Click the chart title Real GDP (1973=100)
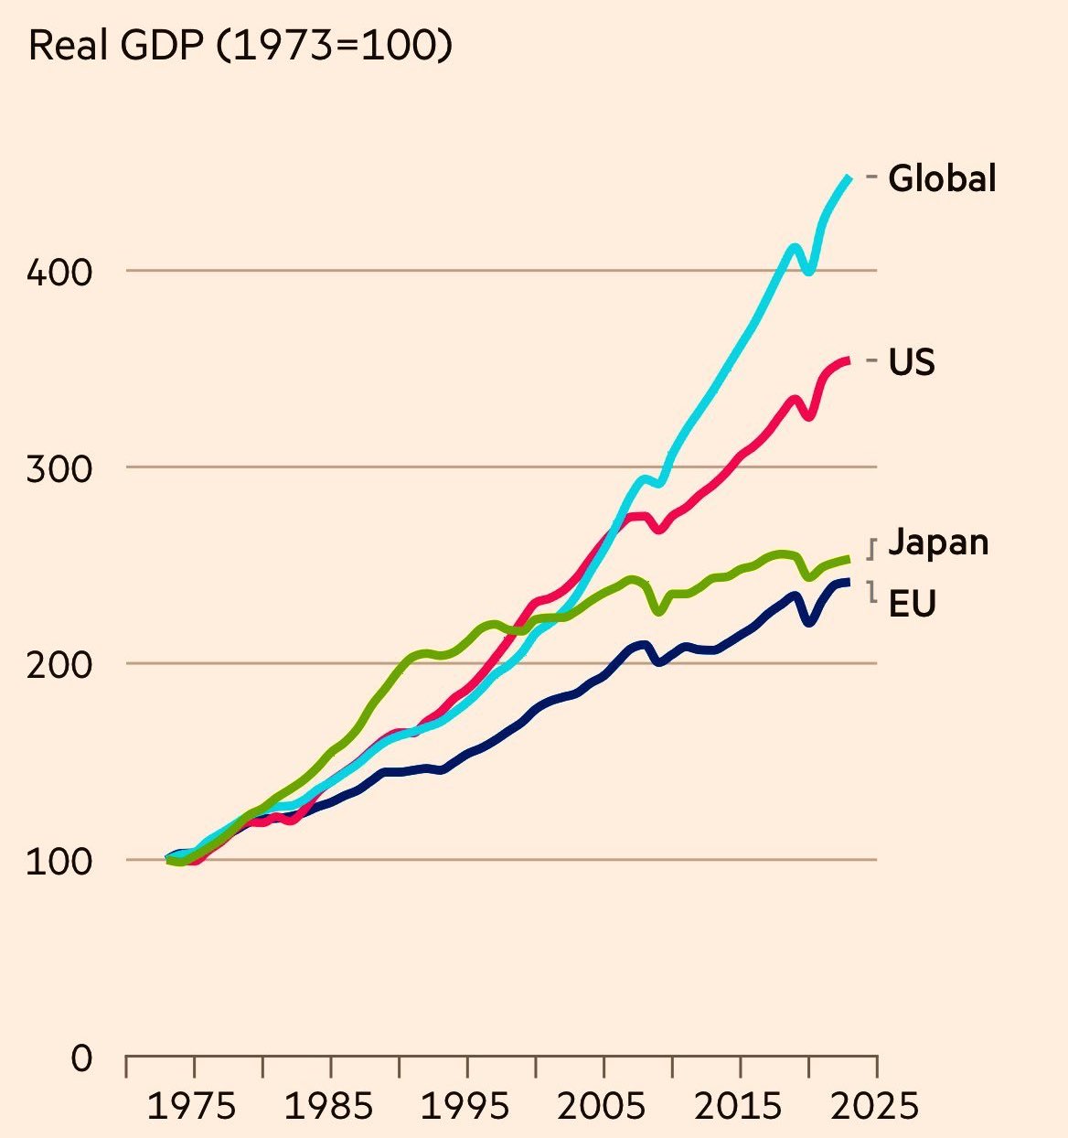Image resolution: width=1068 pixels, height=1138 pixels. coord(240,46)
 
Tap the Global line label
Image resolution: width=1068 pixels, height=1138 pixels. coord(942,178)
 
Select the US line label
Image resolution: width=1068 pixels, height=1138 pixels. coord(912,363)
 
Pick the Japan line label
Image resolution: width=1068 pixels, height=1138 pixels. coord(938,542)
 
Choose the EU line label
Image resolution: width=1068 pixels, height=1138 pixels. coord(912,604)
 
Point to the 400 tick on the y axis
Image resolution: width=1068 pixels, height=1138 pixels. coord(59,273)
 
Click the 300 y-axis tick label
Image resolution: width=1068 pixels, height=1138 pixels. coord(59,469)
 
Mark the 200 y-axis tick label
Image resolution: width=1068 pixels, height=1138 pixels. coord(59,665)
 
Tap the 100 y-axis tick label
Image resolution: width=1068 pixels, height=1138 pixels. coord(59,862)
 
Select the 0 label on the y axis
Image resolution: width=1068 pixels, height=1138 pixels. coord(82,1058)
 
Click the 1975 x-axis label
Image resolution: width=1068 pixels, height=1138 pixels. coord(192,1106)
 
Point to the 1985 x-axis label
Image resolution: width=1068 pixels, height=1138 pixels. coord(329,1106)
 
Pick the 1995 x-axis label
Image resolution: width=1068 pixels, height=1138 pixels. coord(466,1106)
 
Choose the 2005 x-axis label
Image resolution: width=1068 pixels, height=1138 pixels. coord(603,1106)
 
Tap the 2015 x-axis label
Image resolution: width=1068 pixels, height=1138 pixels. coord(740,1106)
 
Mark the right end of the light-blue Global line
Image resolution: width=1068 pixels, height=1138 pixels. coord(849,177)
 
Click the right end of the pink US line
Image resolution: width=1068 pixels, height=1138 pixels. coord(849,361)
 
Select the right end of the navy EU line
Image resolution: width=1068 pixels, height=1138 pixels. coord(849,582)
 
